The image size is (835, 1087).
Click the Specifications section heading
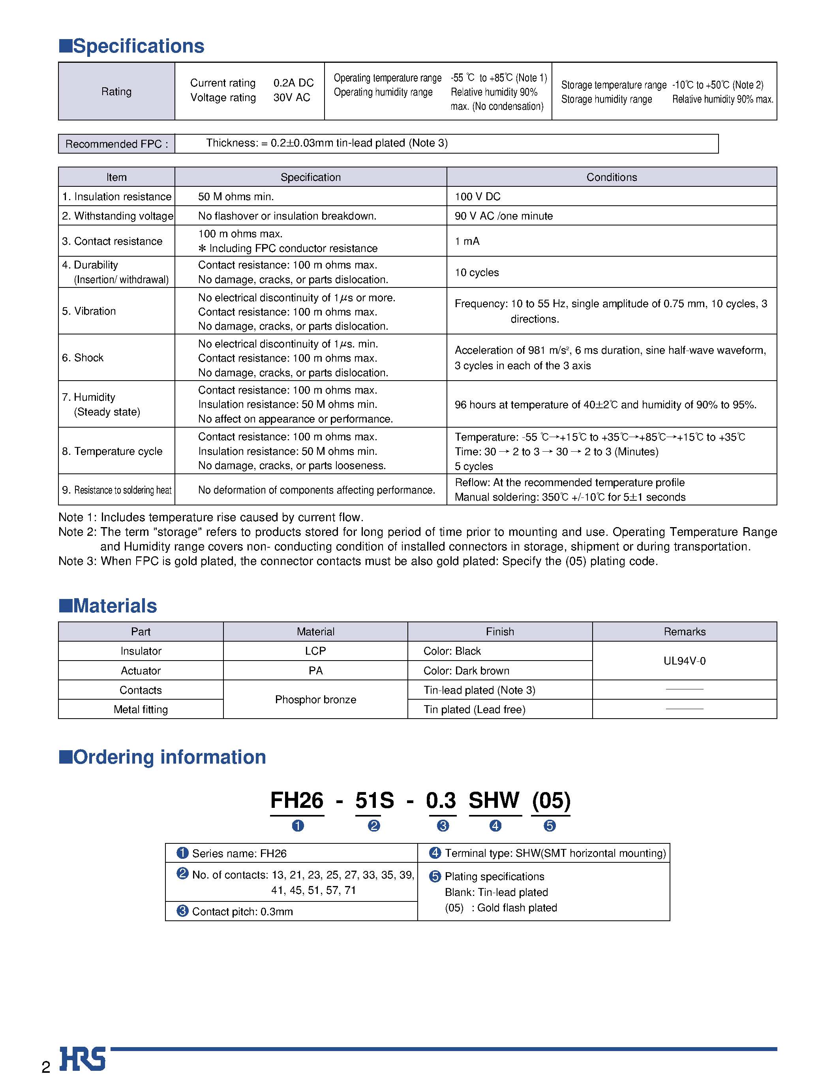pyautogui.click(x=132, y=46)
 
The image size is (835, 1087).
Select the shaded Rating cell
pyautogui.click(x=116, y=92)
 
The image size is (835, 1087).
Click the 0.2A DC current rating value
pyautogui.click(x=293, y=83)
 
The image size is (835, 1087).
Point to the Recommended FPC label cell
pyautogui.click(x=116, y=144)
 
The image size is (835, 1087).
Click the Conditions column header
pyautogui.click(x=611, y=177)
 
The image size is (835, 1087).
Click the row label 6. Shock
pyautogui.click(x=83, y=358)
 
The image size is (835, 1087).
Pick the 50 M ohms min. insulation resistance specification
pyautogui.click(x=236, y=197)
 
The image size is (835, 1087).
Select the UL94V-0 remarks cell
pyautogui.click(x=685, y=661)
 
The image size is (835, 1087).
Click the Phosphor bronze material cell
pyautogui.click(x=315, y=700)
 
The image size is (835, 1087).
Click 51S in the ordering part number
pyautogui.click(x=374, y=801)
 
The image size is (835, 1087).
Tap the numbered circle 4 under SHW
pyautogui.click(x=495, y=826)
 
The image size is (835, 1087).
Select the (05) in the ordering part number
pyautogui.click(x=551, y=801)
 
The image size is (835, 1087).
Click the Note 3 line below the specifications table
pyautogui.click(x=358, y=561)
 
